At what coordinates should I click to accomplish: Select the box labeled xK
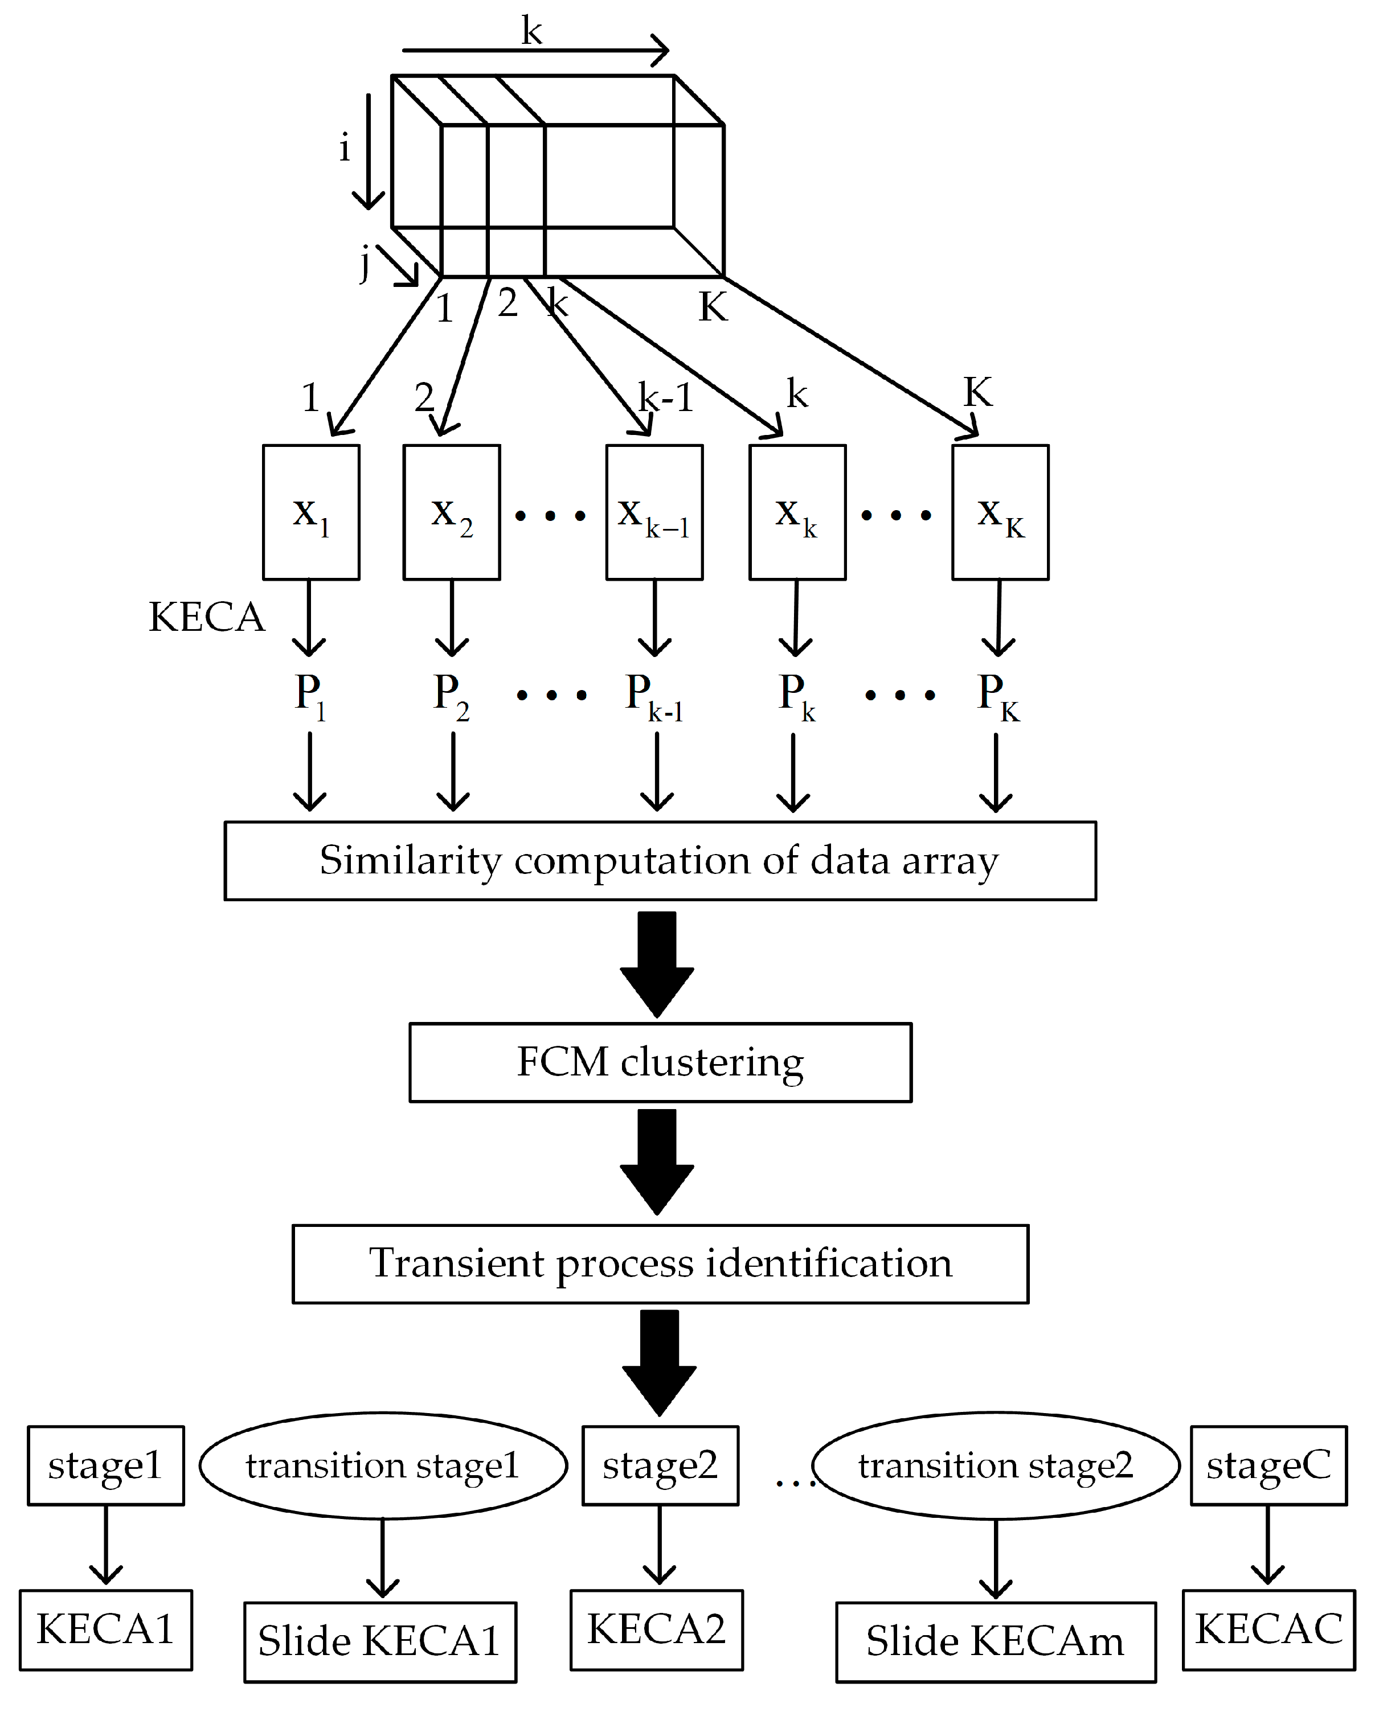[1000, 512]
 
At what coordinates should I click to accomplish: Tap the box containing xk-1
[654, 512]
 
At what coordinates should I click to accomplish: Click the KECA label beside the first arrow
[207, 617]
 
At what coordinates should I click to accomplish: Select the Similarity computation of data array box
[660, 861]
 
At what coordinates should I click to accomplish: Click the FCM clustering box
[660, 1062]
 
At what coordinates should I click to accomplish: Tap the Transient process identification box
[660, 1264]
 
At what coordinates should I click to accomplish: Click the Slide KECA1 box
[380, 1642]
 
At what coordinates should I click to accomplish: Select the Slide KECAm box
[995, 1642]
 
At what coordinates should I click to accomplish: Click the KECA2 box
[656, 1629]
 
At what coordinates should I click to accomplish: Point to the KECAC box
[1268, 1629]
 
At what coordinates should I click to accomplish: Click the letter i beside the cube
[344, 147]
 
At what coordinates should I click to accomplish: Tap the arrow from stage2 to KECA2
[659, 1545]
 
